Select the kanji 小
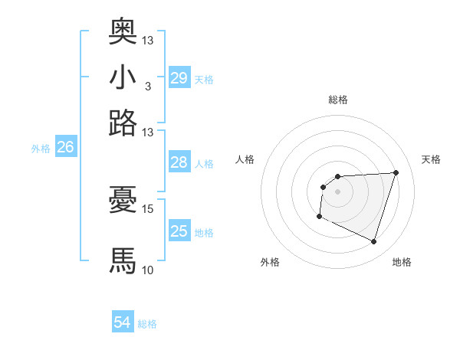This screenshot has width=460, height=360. pos(123,77)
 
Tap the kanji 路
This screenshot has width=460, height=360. pos(123,123)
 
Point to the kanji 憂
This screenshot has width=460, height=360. pos(123,200)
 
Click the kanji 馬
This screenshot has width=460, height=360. pos(123,260)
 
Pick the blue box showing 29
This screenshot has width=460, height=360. pos(179,78)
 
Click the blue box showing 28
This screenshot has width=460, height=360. pos(179,162)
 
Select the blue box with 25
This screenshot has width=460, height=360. pos(179,231)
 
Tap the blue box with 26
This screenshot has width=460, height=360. pos(66,148)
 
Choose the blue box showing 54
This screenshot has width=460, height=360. pos(123,323)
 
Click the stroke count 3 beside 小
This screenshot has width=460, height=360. pos(147,86)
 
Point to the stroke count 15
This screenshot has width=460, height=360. pos(148,208)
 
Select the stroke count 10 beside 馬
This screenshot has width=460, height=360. pos(148,270)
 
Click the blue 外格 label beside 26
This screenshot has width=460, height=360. pos(41,149)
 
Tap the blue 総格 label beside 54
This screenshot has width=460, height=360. pos(148,324)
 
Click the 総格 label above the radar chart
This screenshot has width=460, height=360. pos(338,100)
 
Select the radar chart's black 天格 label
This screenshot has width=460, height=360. pos(431,159)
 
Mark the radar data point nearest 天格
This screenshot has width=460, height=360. pos(396,172)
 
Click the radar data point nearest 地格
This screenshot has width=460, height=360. pos(373,242)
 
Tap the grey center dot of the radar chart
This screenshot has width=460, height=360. pos(337,191)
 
